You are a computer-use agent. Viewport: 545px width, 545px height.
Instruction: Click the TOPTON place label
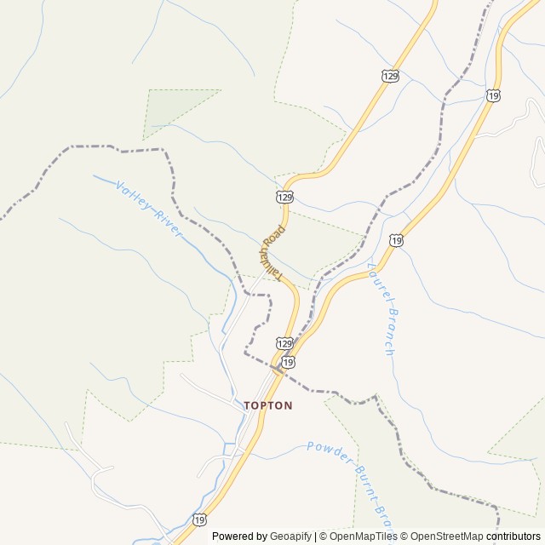[268, 406]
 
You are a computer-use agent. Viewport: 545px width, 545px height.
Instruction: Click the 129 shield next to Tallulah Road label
[285, 197]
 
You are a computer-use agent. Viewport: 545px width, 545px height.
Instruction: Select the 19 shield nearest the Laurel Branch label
[397, 241]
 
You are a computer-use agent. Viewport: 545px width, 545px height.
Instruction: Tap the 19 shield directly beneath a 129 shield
[290, 361]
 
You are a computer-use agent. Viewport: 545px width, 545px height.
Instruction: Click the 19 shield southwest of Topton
[199, 519]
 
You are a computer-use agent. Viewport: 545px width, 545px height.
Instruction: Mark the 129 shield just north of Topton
[284, 342]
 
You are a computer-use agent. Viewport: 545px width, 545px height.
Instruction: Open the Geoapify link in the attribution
[290, 536]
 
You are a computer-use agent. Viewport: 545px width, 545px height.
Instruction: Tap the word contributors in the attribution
[513, 536]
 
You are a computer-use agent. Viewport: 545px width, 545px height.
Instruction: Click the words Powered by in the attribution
[239, 536]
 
